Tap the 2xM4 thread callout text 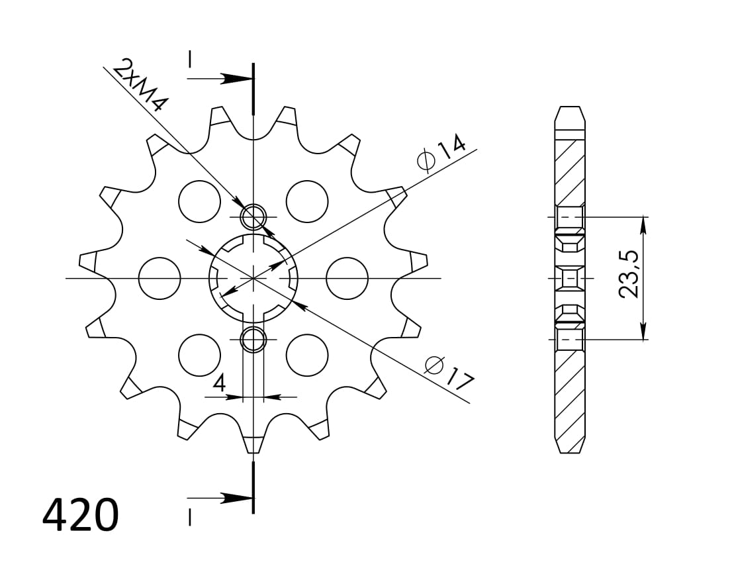[140, 85]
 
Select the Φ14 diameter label [441, 152]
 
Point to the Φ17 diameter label [449, 373]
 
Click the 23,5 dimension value [629, 274]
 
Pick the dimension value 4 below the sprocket [219, 383]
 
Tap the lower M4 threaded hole [253, 340]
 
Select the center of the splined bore [253, 278]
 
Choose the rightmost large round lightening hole [347, 278]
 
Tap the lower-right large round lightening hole [307, 356]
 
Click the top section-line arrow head [235, 79]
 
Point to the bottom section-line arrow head [235, 497]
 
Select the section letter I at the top [189, 60]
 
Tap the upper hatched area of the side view [570, 172]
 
